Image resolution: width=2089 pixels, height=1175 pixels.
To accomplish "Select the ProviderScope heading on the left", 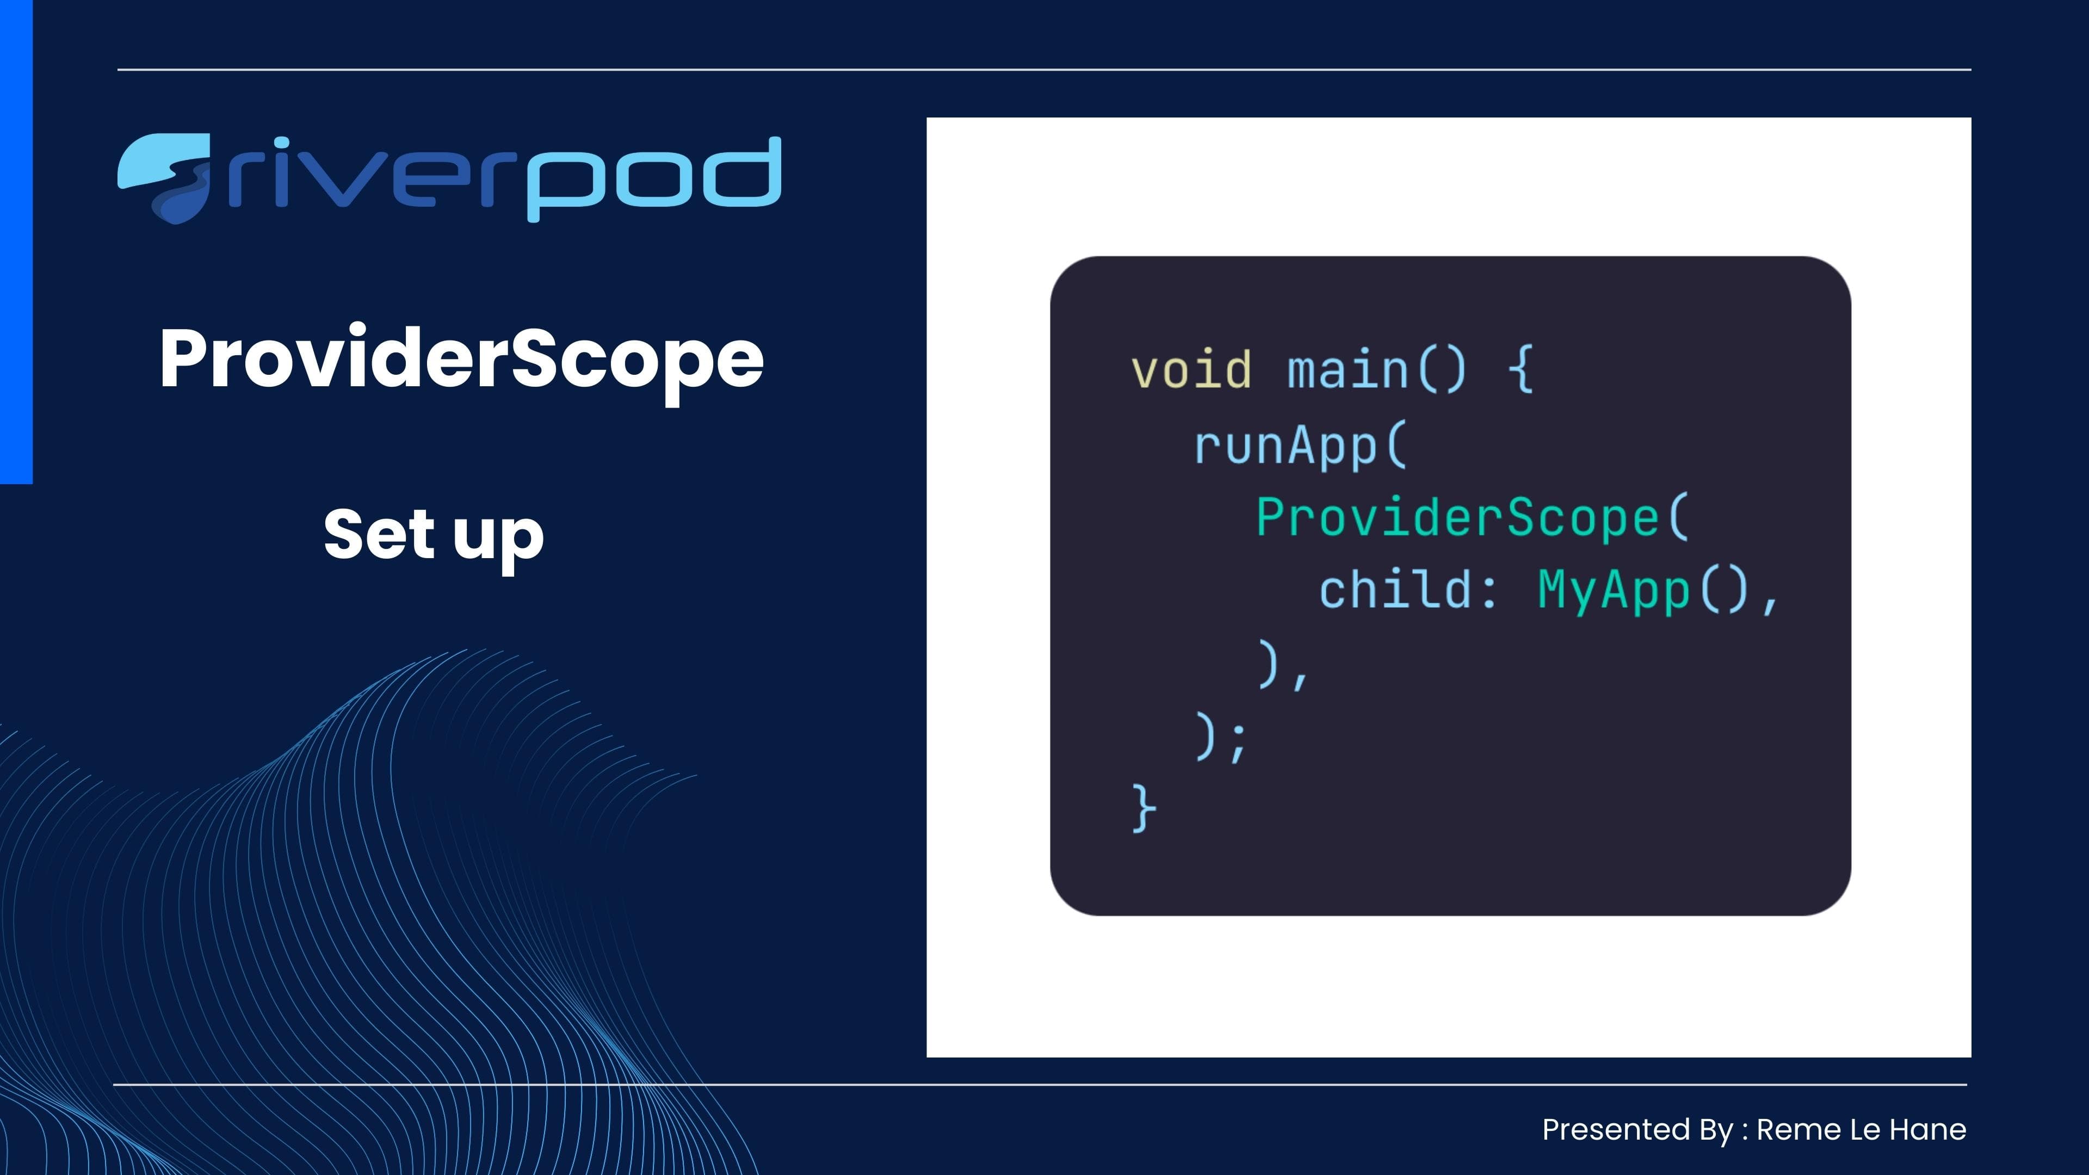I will pos(461,359).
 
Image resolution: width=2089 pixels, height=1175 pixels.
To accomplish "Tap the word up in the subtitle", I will pos(498,537).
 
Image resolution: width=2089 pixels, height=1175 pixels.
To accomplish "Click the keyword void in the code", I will pos(1190,370).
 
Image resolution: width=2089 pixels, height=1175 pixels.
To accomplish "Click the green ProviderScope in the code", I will pos(1457,517).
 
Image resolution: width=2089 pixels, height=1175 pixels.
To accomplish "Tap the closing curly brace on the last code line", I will pos(1144,808).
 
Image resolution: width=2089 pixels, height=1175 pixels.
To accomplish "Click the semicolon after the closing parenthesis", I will pos(1237,740).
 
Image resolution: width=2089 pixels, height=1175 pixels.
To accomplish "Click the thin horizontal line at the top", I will pos(1044,70).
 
